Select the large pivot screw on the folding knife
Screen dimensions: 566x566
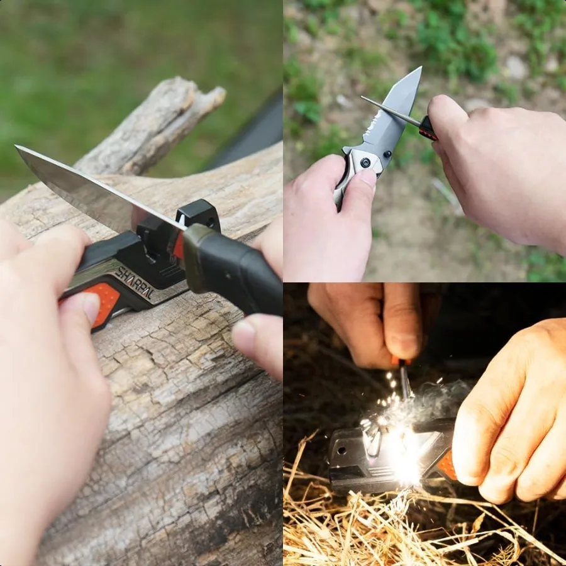(365, 162)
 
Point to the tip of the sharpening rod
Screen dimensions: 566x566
(363, 97)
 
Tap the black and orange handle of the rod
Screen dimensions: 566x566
(428, 128)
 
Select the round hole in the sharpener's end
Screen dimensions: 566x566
(341, 451)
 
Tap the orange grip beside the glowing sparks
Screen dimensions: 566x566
(447, 465)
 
